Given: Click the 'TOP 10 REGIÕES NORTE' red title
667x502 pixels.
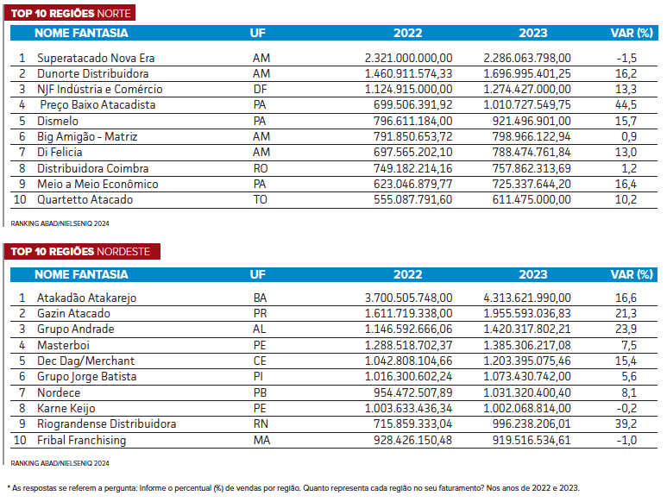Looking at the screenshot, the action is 71,13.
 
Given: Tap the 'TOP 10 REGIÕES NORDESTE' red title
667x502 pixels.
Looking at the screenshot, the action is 80,251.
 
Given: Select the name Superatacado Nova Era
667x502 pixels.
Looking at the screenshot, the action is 96,58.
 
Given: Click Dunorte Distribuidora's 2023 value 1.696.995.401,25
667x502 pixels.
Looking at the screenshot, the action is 527,73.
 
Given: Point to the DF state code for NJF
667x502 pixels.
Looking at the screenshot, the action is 260,89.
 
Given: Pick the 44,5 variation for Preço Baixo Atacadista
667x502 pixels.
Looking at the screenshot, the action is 626,104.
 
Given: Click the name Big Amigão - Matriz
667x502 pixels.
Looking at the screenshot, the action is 87,136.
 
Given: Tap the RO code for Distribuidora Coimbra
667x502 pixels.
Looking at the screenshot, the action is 261,168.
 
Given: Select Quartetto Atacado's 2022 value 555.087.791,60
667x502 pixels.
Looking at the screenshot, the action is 412,199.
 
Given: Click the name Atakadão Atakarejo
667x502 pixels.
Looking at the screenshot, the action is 86,298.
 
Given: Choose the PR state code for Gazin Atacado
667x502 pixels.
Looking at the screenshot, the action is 260,313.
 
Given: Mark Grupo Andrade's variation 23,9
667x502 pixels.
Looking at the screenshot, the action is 626,329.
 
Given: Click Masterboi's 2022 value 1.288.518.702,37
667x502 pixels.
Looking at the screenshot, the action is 408,345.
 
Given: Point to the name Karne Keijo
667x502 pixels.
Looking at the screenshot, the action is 66,409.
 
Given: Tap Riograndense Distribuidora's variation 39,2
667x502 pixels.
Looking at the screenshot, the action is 626,424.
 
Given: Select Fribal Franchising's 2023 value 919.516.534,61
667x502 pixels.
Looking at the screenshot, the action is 532,440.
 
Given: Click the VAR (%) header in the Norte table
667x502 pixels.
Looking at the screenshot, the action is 632,33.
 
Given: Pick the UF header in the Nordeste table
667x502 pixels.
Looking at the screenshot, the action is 258,274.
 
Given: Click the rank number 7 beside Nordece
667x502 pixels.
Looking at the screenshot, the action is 22,392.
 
